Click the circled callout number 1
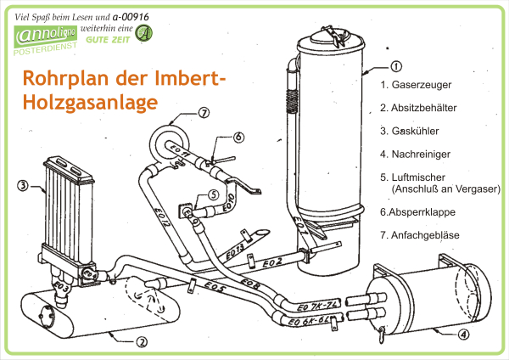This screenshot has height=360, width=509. coord(396,66)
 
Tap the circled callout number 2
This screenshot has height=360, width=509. coord(142,342)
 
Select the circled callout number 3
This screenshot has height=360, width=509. coord(24,183)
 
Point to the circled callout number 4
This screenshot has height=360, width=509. coord(463,334)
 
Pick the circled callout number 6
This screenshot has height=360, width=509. coord(238,136)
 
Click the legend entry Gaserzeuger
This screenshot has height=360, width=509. coord(416,85)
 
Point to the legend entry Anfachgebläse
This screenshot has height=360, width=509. coord(422,233)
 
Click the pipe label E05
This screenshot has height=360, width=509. coord(213,289)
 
